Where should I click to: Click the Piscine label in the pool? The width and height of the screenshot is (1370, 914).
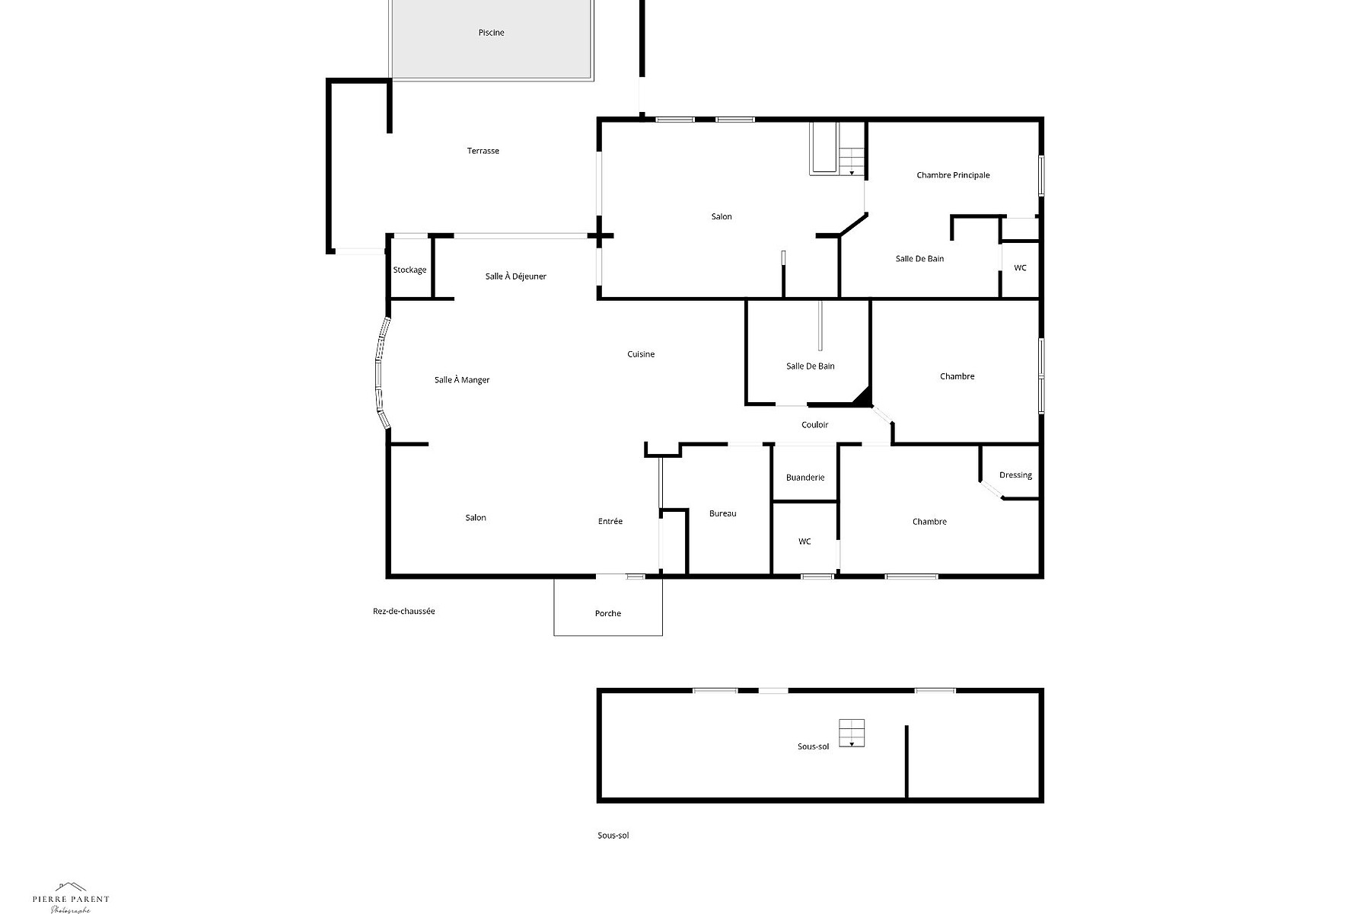(x=491, y=33)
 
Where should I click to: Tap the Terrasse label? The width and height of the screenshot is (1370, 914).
(x=483, y=151)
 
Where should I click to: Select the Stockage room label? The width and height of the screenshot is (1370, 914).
(x=409, y=270)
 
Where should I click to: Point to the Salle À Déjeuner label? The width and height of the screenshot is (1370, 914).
(x=516, y=276)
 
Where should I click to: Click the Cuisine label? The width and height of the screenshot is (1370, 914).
(x=641, y=354)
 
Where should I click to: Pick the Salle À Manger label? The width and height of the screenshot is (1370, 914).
(x=462, y=380)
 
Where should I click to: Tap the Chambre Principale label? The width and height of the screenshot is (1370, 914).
(x=953, y=175)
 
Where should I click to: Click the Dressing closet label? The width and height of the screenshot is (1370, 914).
(x=1015, y=475)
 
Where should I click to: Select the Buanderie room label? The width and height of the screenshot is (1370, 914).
(x=805, y=478)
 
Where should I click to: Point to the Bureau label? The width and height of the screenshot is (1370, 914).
(x=722, y=513)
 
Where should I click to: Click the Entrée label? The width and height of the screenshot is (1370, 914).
(x=610, y=521)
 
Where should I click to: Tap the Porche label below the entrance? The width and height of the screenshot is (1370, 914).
(x=608, y=613)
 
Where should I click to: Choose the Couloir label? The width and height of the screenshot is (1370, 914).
(x=814, y=425)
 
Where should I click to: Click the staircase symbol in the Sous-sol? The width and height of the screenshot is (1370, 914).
(x=852, y=733)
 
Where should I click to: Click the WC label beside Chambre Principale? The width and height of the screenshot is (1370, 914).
(x=1020, y=268)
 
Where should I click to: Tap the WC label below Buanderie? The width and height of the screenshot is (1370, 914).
(x=804, y=542)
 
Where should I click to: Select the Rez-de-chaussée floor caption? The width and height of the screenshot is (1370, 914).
(x=403, y=611)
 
